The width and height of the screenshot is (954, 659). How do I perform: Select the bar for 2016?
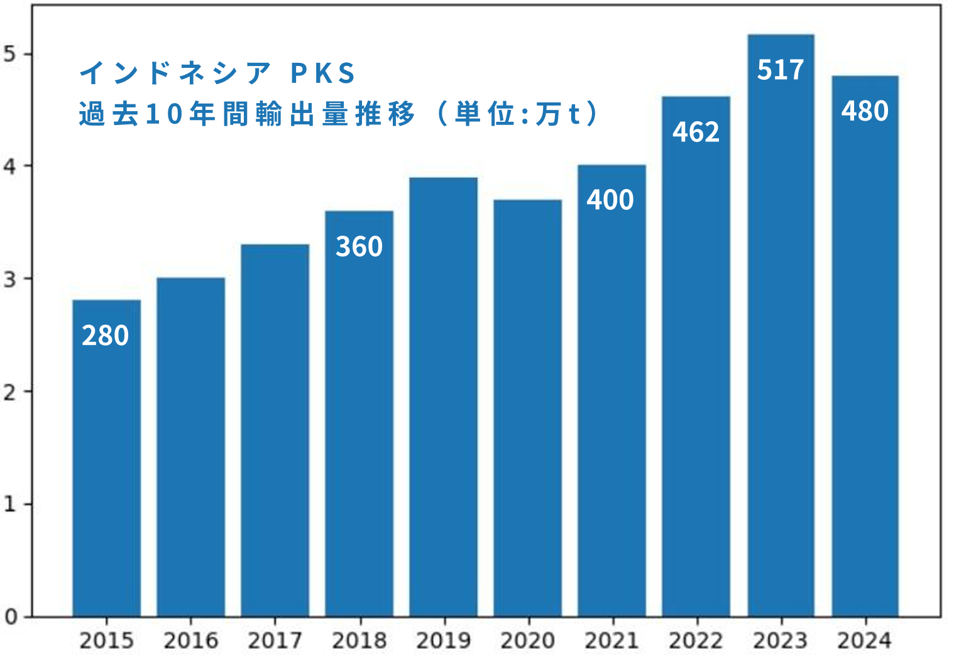191,447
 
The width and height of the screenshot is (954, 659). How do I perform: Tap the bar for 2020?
527,408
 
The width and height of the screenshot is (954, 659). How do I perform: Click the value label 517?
781,70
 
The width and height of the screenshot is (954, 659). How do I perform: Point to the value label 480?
865,111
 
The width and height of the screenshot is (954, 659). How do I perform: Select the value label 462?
696,132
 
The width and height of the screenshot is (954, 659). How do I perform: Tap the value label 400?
610,200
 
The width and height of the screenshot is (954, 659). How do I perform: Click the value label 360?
359,247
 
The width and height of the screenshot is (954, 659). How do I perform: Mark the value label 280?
106,335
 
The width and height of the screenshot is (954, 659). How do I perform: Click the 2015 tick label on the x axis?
107,641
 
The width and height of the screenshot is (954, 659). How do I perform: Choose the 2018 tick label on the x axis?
359,641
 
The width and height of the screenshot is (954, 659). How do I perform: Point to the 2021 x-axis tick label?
611,641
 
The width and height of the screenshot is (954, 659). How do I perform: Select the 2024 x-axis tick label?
864,641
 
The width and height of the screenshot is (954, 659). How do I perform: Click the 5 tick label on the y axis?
10,54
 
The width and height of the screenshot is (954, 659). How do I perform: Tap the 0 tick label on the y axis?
10,617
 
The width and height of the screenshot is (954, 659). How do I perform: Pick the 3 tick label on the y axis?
10,279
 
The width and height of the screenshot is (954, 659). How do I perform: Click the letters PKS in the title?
323,74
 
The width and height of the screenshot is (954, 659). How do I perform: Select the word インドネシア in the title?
175,74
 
